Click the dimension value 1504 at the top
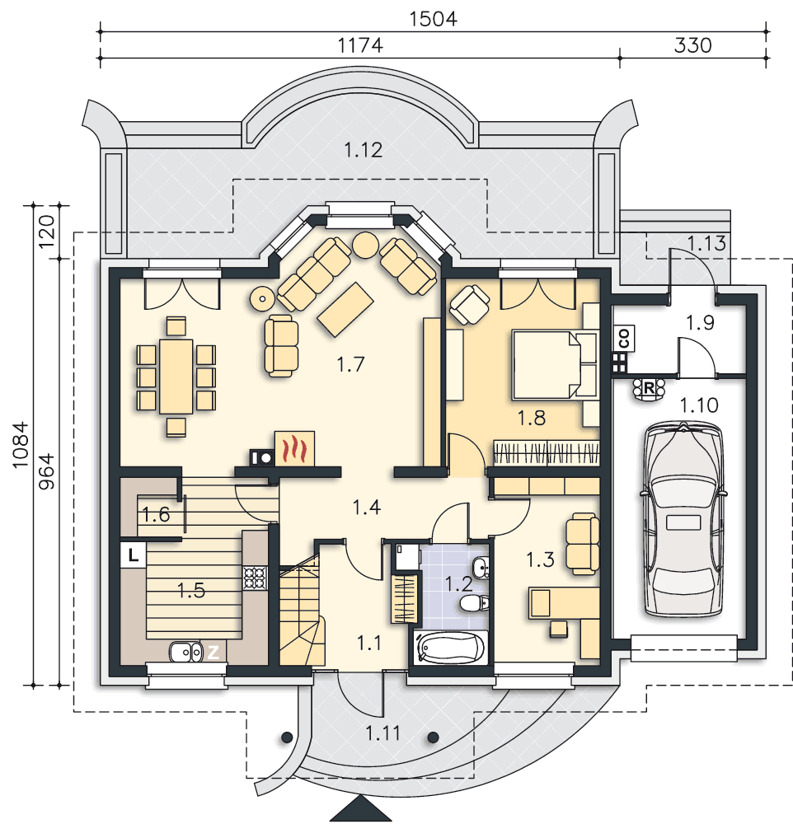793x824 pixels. pos(433,19)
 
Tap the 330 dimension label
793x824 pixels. pos(692,45)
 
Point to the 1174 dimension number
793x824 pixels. pos(359,45)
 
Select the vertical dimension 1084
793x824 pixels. pos(21,445)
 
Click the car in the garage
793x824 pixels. pos(683,518)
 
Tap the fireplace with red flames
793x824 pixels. pos(294,448)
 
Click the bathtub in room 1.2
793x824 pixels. pos(451,648)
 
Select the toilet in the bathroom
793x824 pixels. pos(474,603)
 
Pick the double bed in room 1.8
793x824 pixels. pos(555,364)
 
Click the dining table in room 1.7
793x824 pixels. pos(176,377)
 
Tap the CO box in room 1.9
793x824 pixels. pos(624,339)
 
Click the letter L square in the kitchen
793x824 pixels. pos(134,555)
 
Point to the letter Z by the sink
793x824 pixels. pos(213,652)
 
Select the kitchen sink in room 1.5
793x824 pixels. pos(185,652)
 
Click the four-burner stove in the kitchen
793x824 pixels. pos(256,578)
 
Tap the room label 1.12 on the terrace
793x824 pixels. pos(364,150)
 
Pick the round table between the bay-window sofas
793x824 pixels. pos(365,245)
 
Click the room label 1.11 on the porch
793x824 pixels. pos(382,733)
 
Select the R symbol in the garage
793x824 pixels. pos(649,388)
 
